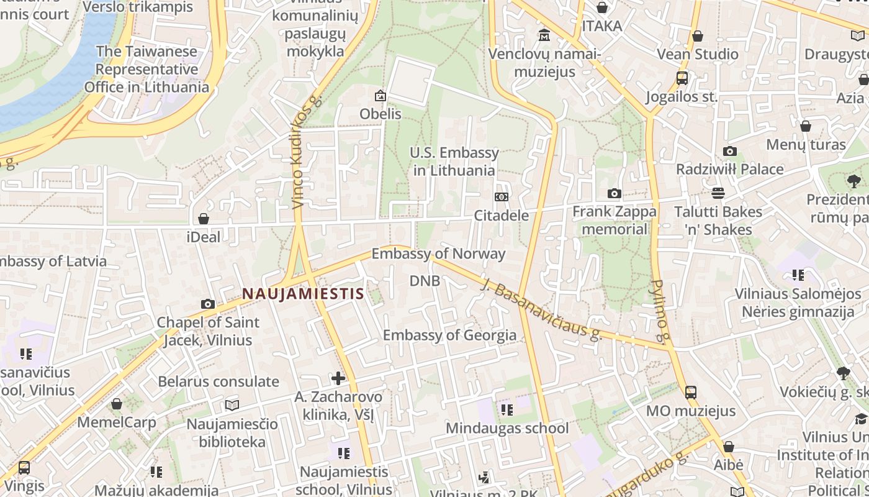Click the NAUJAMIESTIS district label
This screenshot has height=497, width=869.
pos(302,293)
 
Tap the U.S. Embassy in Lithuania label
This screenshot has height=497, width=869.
pos(454,162)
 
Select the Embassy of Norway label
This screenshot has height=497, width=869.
pos(438,253)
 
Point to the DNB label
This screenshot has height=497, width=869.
pos(425,281)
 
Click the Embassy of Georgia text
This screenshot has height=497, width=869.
pos(449,335)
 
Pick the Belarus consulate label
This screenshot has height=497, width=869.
pos(218,381)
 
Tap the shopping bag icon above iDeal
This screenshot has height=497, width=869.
pos(204,219)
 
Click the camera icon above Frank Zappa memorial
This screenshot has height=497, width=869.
pos(615,193)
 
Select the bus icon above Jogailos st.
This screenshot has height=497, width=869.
pos(682,78)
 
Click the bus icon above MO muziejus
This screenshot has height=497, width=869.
pos(691,392)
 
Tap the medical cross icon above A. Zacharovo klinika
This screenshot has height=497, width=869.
pos(338,378)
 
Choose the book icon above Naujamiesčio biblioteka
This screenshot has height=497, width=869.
pos(232,405)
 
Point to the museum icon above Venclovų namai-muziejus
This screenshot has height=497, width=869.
pos(544,35)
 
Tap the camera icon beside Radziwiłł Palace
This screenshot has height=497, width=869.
pos(730,151)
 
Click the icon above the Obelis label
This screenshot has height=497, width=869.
pos(380,96)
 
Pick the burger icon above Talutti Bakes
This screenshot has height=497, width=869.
pos(718,193)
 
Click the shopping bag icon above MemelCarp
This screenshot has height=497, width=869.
pos(117,404)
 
